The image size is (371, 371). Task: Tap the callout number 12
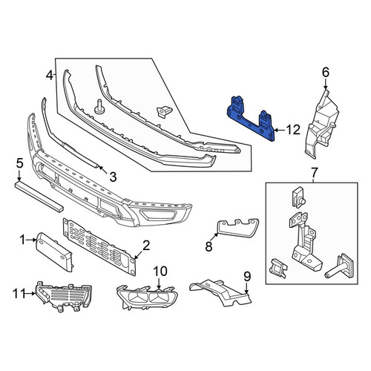coord(293,130)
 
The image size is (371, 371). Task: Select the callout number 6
coord(326,73)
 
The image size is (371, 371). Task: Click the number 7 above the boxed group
coord(314,173)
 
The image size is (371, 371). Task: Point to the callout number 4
coord(50,75)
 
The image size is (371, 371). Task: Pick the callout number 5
coord(19,163)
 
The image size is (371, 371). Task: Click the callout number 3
coord(113,177)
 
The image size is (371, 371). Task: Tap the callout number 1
coord(23,240)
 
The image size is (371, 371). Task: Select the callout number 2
coord(146,246)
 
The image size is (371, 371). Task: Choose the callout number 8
coord(209,246)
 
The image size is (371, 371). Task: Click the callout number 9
coord(247,277)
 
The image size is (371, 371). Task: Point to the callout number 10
coord(160,272)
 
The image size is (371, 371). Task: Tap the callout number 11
coord(19,294)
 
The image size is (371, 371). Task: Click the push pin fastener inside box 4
coord(99,107)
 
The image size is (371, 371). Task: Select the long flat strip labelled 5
coord(39,197)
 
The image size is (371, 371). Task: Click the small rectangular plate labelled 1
coord(54,252)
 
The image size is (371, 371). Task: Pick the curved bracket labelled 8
coord(237,228)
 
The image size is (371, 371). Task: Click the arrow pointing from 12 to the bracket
coord(280,130)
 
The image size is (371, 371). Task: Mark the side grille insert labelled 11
coord(64,296)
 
